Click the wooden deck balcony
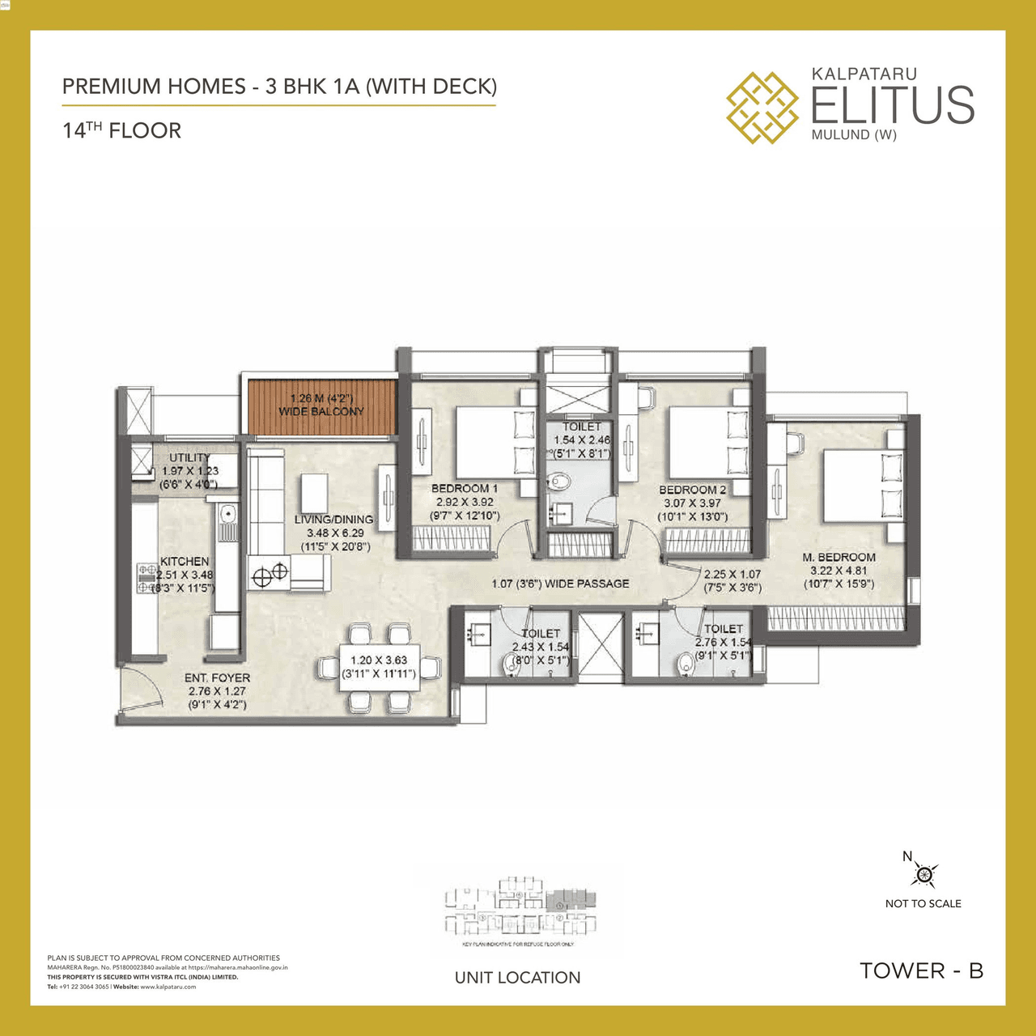click(x=321, y=406)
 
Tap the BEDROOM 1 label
click(x=464, y=489)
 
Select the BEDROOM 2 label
click(x=692, y=490)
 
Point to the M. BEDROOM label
click(x=839, y=558)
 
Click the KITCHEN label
click(x=185, y=562)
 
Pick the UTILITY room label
click(x=189, y=458)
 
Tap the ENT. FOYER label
click(x=217, y=678)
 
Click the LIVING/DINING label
click(x=333, y=520)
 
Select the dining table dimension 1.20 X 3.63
click(x=379, y=660)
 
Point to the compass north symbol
click(x=923, y=874)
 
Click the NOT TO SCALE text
click(x=923, y=904)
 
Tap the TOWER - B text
click(x=921, y=970)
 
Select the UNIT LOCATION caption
click(x=517, y=978)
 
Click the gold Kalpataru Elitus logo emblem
click(x=762, y=108)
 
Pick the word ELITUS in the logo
click(x=892, y=105)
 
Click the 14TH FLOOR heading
click(x=122, y=131)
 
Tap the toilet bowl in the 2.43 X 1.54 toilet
click(x=513, y=664)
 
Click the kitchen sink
click(x=227, y=513)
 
